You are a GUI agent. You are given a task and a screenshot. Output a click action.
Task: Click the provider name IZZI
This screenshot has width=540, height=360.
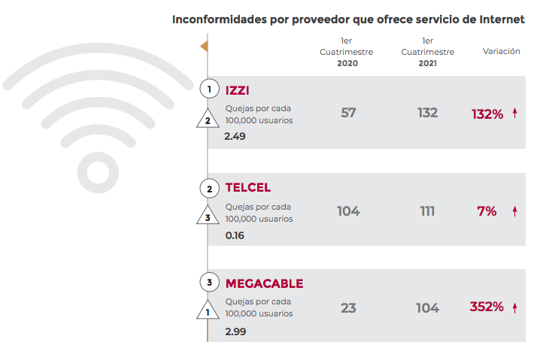point(237,90)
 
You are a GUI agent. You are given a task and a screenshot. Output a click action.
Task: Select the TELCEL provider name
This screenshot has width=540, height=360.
point(247,187)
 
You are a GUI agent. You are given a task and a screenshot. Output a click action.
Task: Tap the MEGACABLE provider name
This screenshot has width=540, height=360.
point(264,283)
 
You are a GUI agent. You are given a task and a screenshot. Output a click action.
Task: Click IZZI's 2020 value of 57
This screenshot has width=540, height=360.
point(348,113)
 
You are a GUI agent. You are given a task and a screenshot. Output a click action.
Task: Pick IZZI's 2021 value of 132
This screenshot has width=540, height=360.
point(427,113)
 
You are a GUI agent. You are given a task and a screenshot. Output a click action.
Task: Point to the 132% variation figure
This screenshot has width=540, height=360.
point(487,114)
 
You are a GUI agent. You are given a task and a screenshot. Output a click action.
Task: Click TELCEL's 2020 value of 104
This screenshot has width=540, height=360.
point(348,211)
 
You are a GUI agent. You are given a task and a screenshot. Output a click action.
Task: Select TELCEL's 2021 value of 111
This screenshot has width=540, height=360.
point(427,211)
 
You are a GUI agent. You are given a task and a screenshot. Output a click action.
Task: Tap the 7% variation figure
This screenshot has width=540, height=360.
point(487,211)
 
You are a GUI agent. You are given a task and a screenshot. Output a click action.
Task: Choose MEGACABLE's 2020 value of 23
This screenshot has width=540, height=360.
point(348,307)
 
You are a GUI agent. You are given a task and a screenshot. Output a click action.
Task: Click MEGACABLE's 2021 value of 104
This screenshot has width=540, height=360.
point(427,307)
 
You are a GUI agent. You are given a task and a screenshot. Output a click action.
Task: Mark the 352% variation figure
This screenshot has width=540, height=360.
point(487,307)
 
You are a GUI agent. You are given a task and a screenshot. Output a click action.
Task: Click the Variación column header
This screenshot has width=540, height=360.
point(501,52)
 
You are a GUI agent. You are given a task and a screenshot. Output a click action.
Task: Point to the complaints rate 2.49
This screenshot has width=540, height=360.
point(235,137)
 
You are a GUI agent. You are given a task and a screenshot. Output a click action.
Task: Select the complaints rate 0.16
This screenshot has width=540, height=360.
point(235,234)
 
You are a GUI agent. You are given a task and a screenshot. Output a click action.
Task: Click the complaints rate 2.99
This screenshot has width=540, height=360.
point(235,331)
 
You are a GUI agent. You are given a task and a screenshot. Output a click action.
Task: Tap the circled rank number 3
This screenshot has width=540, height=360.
point(209,283)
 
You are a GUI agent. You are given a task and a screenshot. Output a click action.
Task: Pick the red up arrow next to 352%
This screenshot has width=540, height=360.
point(515,307)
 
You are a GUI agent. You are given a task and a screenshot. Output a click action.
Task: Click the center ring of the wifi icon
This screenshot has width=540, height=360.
point(99,172)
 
